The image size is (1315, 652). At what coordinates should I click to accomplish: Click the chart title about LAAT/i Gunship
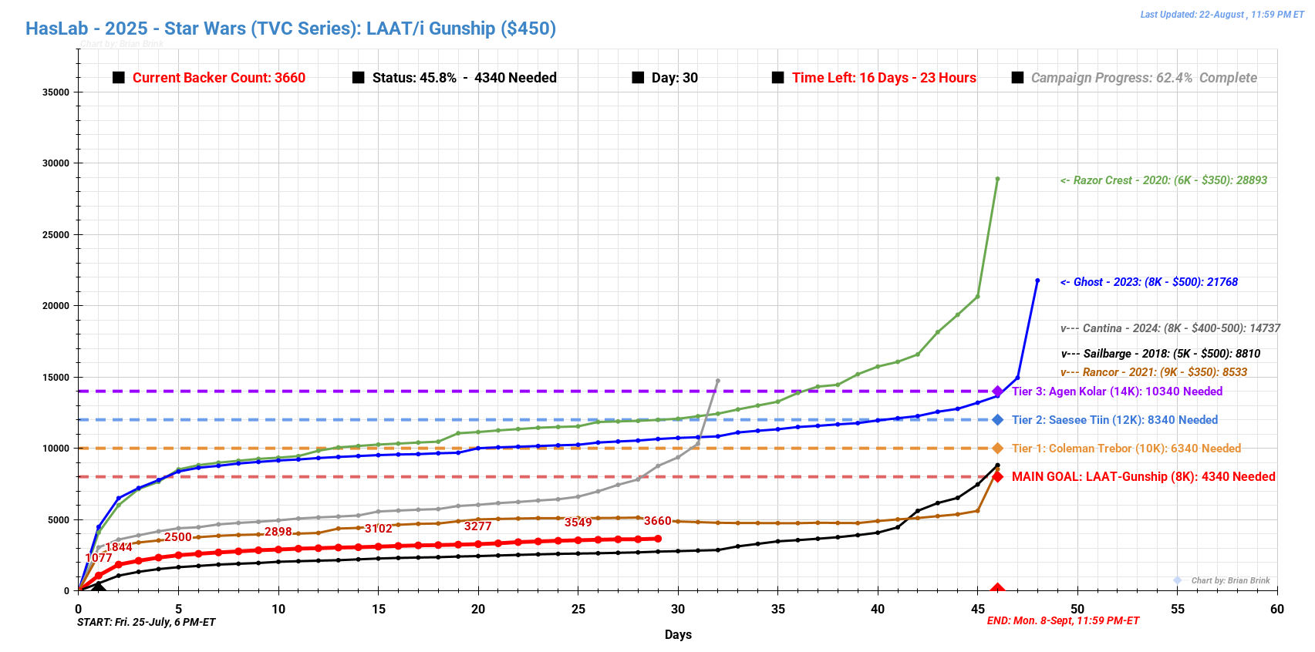click(x=291, y=29)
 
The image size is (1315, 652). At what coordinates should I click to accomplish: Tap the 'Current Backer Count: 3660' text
click(x=218, y=78)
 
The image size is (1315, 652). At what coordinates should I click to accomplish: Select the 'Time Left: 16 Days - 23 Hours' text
click(x=883, y=78)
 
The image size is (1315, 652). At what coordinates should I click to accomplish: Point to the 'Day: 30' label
click(x=674, y=78)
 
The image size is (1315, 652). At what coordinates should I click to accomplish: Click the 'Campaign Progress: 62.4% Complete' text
click(x=1143, y=78)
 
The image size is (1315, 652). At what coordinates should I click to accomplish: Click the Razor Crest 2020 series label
click(x=1163, y=180)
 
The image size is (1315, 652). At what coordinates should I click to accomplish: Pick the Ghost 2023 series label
click(x=1148, y=282)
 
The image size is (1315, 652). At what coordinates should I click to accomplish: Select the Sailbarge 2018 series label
click(x=1160, y=354)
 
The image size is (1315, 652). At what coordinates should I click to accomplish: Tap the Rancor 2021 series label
click(x=1153, y=372)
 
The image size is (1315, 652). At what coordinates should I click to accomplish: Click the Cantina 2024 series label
click(x=1170, y=328)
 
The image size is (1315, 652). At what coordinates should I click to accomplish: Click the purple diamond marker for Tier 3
click(x=997, y=392)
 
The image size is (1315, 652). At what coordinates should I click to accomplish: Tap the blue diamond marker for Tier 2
click(x=997, y=420)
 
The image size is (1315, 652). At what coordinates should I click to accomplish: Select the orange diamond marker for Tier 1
click(x=997, y=449)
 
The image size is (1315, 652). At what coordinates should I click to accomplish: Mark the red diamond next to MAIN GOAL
click(x=997, y=477)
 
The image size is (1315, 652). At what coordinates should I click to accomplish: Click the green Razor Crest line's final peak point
click(x=997, y=179)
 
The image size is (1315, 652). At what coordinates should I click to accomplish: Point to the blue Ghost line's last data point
click(x=1037, y=281)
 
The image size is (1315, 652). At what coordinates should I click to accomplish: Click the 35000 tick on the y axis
click(x=56, y=92)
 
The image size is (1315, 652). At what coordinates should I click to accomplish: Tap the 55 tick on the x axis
click(x=1177, y=609)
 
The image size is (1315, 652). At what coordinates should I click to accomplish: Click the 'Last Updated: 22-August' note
click(x=1222, y=15)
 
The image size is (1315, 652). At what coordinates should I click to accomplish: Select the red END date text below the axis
click(x=1063, y=621)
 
